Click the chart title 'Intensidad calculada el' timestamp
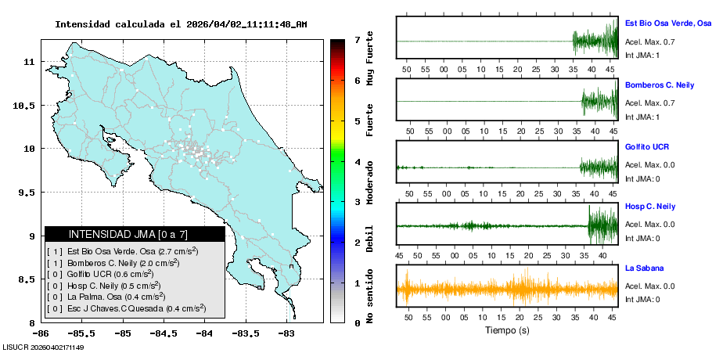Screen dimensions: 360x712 coord(181,24)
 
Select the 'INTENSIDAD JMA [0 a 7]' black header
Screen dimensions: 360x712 coord(135,234)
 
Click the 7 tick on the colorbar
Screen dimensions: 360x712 coord(357,39)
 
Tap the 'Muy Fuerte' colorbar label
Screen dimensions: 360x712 coord(370,58)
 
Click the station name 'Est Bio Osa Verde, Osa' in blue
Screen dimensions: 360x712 coord(667,23)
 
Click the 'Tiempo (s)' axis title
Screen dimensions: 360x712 coord(507,330)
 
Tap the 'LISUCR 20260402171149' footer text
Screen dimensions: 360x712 coord(44,347)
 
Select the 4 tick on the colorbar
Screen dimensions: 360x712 coord(357,162)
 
